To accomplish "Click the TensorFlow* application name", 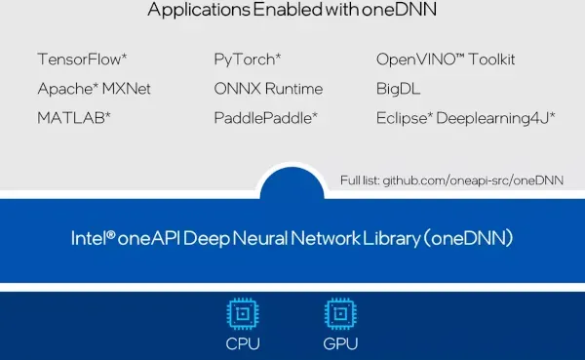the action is pos(82,59).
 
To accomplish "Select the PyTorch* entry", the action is pos(248,60).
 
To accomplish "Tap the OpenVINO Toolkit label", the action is pos(446,59).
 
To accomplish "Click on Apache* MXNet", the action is pos(94,89).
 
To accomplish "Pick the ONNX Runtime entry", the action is pos(268,89).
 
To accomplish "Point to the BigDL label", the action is pos(398,89).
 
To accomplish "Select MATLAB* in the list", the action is pos(74,118).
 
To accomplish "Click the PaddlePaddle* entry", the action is pos(265,118).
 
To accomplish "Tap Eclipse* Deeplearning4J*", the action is pos(466,118).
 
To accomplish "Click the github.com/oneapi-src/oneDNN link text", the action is pos(473,180).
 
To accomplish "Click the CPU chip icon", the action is pos(243,314).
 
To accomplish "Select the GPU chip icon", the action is pos(340,314).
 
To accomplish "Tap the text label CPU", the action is pos(243,344).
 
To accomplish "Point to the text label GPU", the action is pos(340,344).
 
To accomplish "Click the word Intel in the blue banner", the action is pos(89,238).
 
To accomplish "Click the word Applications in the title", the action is pos(199,10).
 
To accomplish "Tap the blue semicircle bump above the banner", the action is pos(292,183).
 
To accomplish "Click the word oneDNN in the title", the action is pos(399,9).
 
